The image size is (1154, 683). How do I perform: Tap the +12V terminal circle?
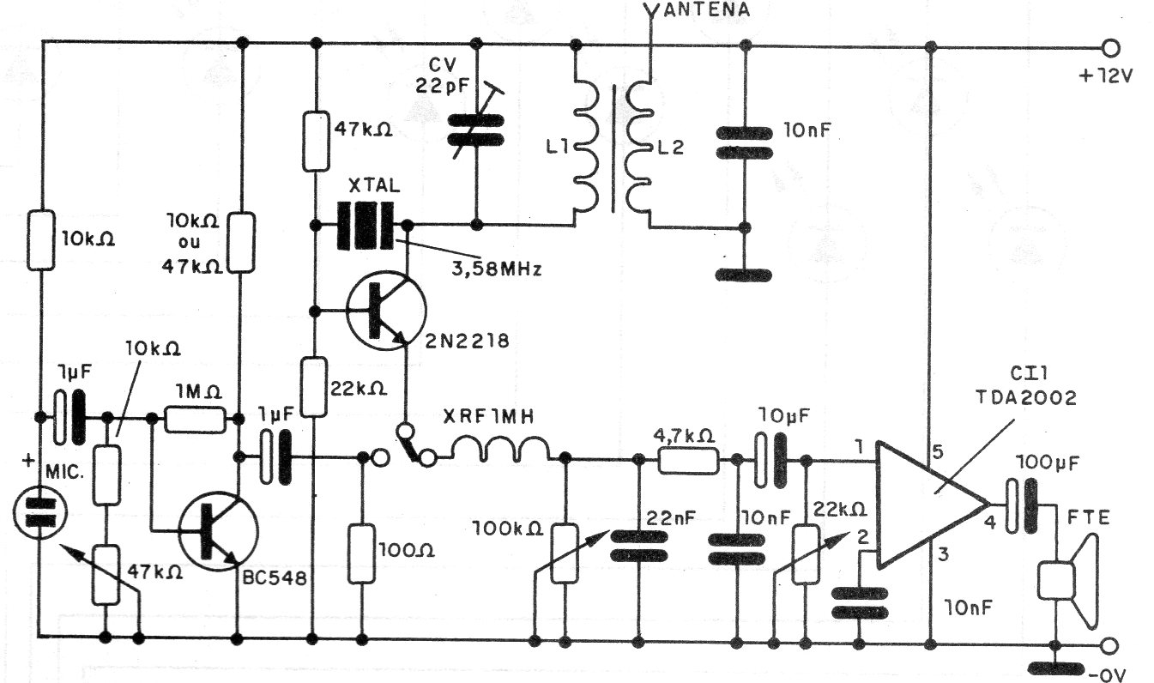pos(1113,47)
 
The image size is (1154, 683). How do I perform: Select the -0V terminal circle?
pos(1113,645)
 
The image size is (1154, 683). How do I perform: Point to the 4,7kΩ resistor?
pos(688,461)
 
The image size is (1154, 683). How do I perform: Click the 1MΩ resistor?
pos(196,419)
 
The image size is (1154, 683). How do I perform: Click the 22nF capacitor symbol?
pos(639,547)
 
